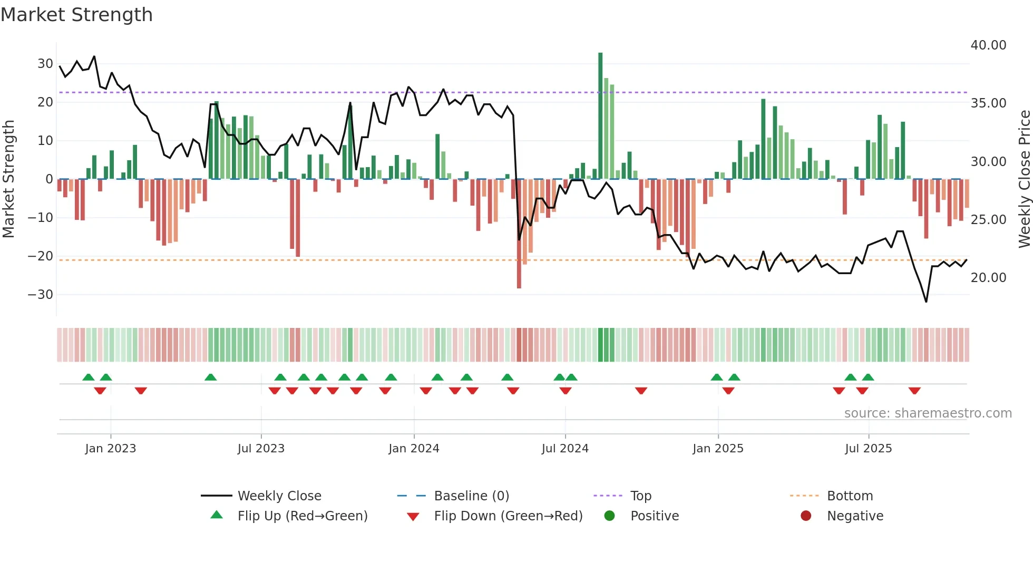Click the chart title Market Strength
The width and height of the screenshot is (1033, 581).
point(76,15)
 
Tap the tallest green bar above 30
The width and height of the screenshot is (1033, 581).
point(600,116)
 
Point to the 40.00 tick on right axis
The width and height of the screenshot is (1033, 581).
point(988,45)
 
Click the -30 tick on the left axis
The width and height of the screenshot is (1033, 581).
point(41,295)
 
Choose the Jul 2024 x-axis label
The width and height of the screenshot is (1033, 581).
point(565,449)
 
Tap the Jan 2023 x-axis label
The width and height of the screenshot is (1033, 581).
point(111,449)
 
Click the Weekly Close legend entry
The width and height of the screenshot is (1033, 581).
point(279,496)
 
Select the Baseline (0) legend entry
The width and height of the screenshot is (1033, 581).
point(471,496)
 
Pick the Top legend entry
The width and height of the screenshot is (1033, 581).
point(641,496)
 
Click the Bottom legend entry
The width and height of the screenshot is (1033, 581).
point(850,496)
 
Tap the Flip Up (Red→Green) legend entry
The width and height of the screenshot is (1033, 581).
point(303,516)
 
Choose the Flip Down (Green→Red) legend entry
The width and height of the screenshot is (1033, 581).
point(508,516)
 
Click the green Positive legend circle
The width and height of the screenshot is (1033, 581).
point(609,516)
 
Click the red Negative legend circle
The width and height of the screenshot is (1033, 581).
point(806,516)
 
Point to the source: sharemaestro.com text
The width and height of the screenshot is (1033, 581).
point(928,413)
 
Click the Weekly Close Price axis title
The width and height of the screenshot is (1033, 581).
point(1024,179)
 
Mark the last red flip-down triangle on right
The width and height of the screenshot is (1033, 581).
point(914,391)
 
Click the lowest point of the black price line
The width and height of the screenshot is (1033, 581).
point(926,302)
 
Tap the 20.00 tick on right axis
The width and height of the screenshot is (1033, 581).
point(988,278)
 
